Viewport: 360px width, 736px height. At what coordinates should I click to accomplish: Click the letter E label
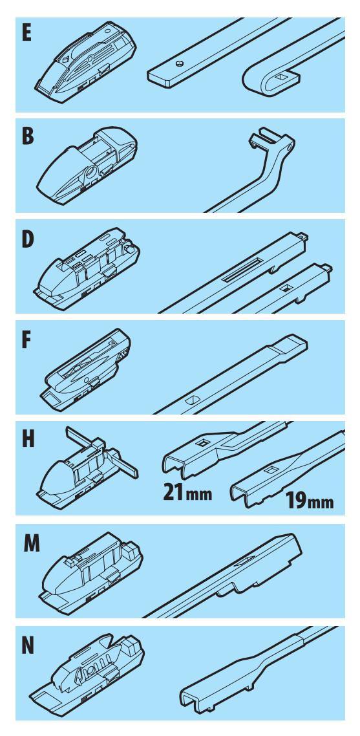(x=26, y=34)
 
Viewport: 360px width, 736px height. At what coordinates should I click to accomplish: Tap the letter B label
(x=28, y=136)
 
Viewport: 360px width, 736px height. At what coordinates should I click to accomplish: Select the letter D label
(x=28, y=239)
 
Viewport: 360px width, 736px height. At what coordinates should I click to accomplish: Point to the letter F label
(x=26, y=341)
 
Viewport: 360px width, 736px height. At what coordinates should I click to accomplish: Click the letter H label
(x=28, y=440)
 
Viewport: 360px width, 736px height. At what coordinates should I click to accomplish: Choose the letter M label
(x=32, y=544)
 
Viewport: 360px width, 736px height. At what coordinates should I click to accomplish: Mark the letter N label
(x=28, y=646)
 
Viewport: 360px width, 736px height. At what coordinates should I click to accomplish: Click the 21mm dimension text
(x=187, y=492)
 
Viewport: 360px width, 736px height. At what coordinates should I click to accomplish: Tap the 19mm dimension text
(x=310, y=501)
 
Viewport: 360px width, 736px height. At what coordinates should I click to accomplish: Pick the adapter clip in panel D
(x=87, y=266)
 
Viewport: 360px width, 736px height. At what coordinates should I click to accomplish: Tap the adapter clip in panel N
(x=87, y=675)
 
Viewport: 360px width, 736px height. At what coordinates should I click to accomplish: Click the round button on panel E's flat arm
(x=178, y=64)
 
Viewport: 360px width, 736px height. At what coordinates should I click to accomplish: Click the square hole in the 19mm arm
(x=271, y=470)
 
